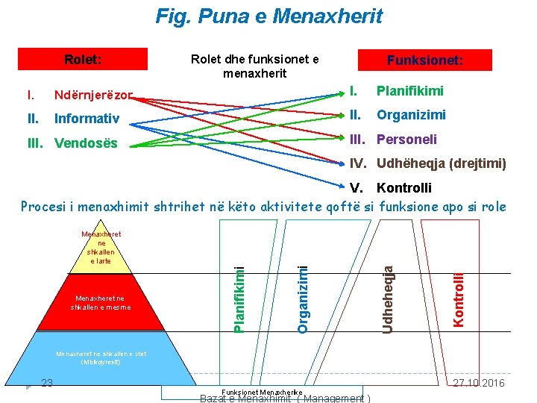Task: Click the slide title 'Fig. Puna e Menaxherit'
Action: (268, 16)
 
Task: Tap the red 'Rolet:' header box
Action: (83, 59)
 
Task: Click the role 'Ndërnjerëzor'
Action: (93, 96)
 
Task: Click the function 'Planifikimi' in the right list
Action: (409, 91)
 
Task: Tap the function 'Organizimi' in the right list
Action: (411, 115)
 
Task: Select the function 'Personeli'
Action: (406, 140)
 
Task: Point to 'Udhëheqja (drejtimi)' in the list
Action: (441, 163)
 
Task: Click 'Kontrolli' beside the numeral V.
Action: (404, 187)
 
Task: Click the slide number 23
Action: (46, 383)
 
